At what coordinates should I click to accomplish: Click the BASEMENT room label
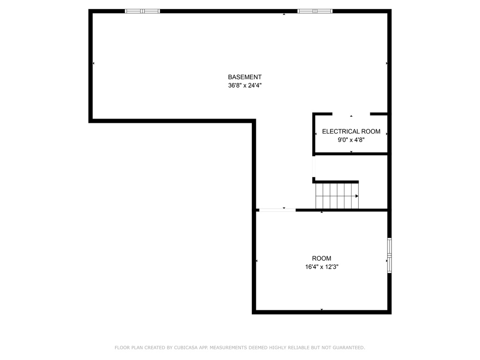[245, 77]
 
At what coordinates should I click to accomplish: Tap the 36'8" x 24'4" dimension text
[245, 85]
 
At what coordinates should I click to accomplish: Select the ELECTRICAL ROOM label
[351, 131]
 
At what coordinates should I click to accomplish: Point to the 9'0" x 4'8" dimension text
[351, 140]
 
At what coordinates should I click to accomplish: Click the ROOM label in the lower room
[322, 258]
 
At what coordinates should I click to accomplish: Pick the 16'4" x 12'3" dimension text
[322, 267]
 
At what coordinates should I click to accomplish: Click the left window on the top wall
[142, 11]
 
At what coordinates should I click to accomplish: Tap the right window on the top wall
[315, 11]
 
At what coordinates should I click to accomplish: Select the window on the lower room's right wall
[390, 255]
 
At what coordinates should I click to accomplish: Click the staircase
[337, 196]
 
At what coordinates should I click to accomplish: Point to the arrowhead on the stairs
[357, 196]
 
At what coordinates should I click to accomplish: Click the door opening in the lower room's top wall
[277, 210]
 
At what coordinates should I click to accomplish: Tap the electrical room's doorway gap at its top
[351, 114]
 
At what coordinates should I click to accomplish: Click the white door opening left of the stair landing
[314, 166]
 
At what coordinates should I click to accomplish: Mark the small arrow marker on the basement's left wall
[93, 63]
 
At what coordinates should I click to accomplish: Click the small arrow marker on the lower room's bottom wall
[322, 309]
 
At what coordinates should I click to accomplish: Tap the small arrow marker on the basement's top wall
[284, 14]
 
